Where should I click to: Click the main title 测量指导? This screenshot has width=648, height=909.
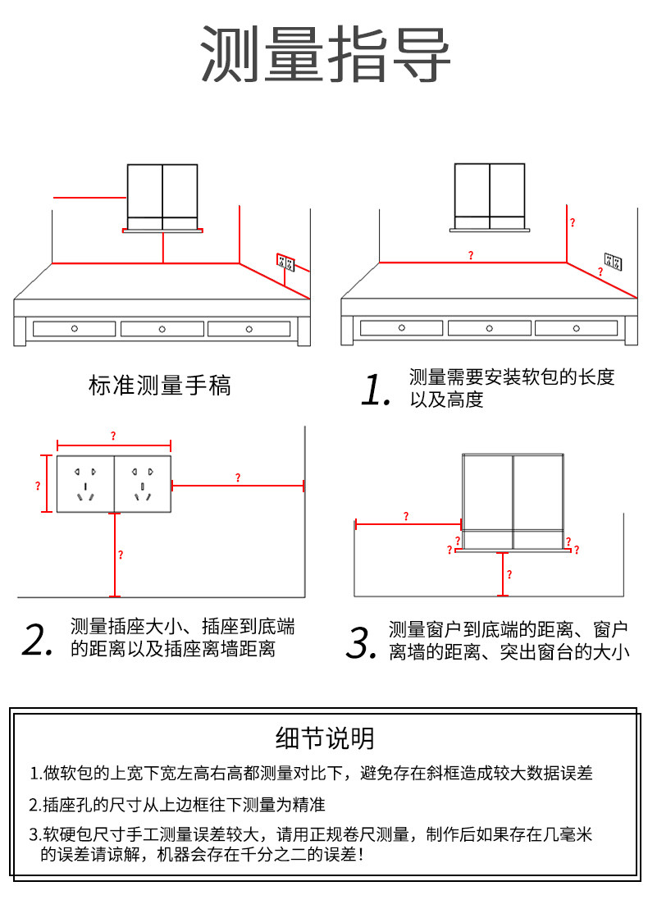pyautogui.click(x=326, y=54)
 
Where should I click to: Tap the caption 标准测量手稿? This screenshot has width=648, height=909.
pyautogui.click(x=160, y=385)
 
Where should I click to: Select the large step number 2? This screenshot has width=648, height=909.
pyautogui.click(x=39, y=640)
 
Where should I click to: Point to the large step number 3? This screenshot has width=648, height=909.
pyautogui.click(x=360, y=642)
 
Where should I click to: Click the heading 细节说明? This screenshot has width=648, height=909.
pyautogui.click(x=325, y=738)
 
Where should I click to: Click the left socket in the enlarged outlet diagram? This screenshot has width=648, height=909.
pyautogui.click(x=86, y=483)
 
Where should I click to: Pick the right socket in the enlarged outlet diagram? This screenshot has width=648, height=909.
pyautogui.click(x=143, y=483)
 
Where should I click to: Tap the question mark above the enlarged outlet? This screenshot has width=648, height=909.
pyautogui.click(x=113, y=436)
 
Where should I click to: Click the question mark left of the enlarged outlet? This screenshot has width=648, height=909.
pyautogui.click(x=38, y=486)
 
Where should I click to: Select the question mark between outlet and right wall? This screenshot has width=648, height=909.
pyautogui.click(x=238, y=477)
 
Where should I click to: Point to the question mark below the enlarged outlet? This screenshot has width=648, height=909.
pyautogui.click(x=121, y=555)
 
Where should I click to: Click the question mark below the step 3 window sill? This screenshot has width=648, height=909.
pyautogui.click(x=509, y=574)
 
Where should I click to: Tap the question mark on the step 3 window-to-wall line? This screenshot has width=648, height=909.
pyautogui.click(x=406, y=516)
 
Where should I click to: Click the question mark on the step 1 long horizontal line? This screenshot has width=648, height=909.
pyautogui.click(x=471, y=256)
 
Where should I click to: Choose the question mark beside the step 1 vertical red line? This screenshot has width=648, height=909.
pyautogui.click(x=573, y=222)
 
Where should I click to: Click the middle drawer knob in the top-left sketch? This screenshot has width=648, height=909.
pyautogui.click(x=162, y=329)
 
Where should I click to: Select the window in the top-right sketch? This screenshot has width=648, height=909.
pyautogui.click(x=490, y=195)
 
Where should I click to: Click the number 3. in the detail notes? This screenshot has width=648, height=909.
pyautogui.click(x=35, y=835)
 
